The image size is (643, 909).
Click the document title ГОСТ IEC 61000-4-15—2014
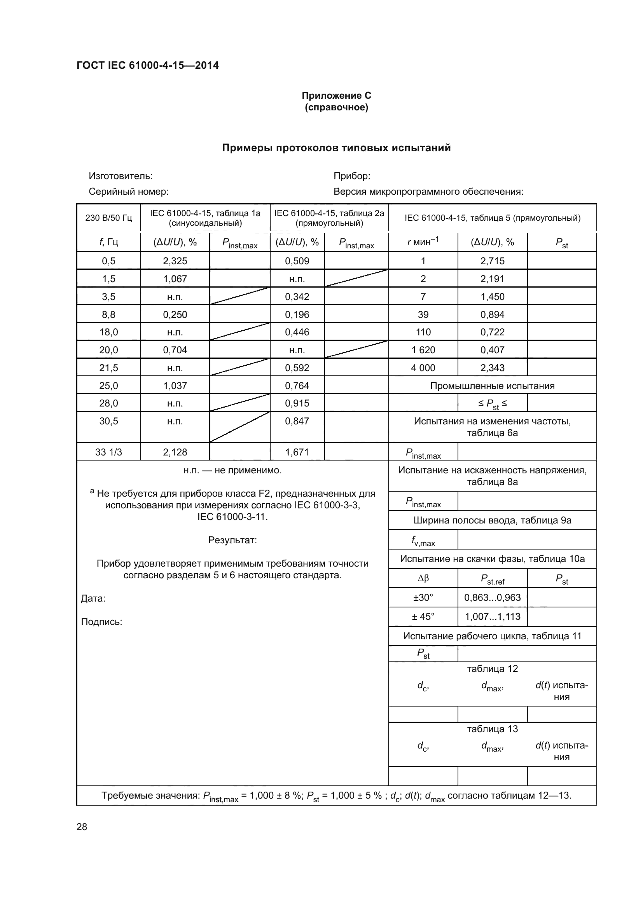147,65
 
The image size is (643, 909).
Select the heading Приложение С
336,96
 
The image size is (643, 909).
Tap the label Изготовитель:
121,176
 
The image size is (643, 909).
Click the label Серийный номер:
128,192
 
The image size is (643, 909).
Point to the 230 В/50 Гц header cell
108,218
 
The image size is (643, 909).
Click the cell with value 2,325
175,261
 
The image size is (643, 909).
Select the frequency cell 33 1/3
108,452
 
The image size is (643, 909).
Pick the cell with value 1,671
297,452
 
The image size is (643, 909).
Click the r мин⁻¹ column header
423,242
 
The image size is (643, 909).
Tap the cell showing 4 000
423,368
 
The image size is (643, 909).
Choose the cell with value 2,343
492,368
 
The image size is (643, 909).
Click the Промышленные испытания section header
492,386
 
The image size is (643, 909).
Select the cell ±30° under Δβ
423,597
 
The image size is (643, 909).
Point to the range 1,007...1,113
492,616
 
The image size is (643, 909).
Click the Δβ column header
423,578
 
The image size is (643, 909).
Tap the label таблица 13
492,729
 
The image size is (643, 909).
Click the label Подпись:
101,621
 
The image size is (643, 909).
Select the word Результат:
232,540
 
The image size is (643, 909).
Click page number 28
82,827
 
